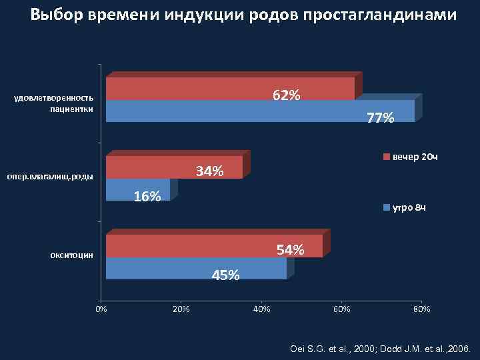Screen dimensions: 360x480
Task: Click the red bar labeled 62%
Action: [230, 88]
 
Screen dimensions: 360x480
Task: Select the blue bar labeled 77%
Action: [260, 111]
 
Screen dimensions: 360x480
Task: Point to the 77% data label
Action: [381, 118]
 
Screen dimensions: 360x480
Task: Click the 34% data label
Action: [209, 171]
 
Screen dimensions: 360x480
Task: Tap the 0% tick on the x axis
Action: [101, 309]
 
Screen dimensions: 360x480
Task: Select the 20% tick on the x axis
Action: [181, 309]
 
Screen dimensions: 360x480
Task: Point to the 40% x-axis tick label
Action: [261, 309]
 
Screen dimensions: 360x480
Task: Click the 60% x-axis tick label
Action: [341, 309]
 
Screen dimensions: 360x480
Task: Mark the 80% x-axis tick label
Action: [421, 309]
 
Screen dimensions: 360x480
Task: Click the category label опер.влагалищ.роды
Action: [50, 177]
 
